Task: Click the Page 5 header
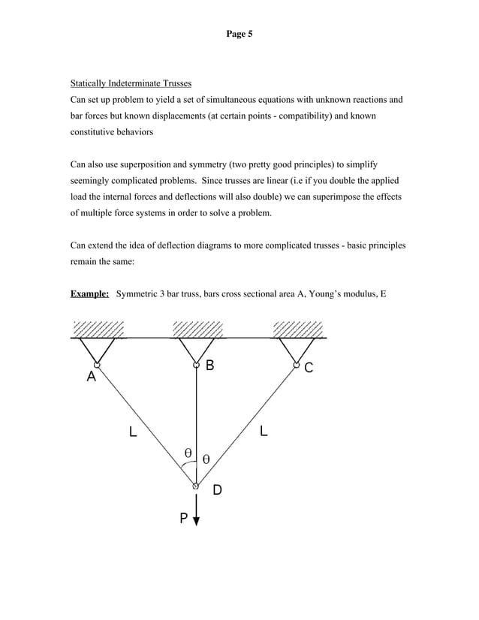239,35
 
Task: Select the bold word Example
89,293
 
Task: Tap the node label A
91,378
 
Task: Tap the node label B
209,366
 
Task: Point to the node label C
309,368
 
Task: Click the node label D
216,490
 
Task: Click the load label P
182,519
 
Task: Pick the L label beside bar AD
133,432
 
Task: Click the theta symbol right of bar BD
206,458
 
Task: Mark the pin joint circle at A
97,366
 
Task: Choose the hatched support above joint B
197,330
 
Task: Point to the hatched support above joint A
98,330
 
